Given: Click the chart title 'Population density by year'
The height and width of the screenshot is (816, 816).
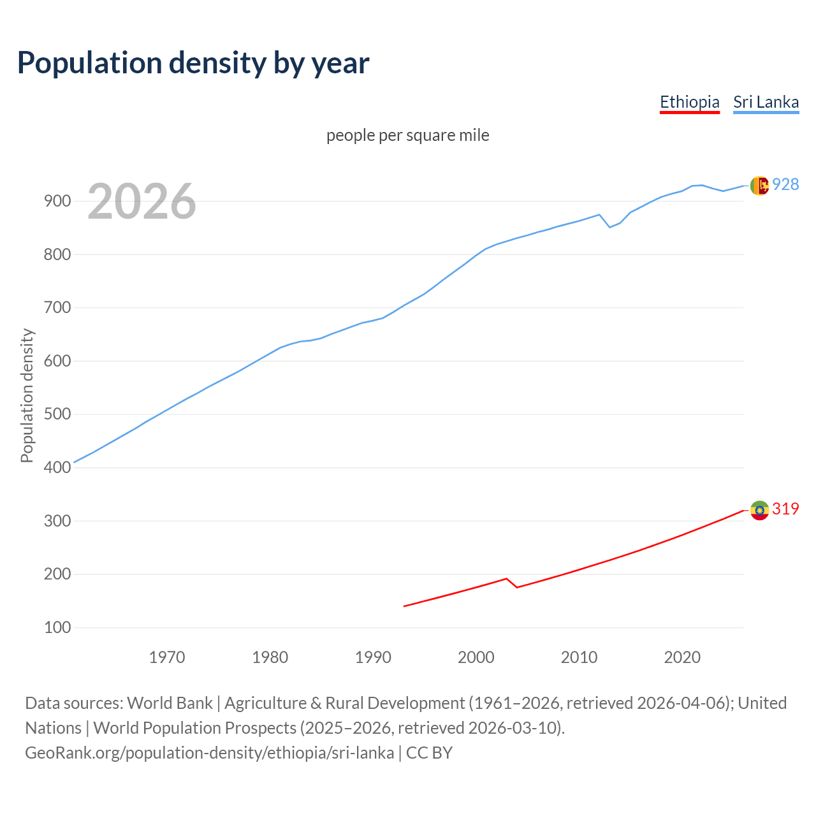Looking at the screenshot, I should [193, 62].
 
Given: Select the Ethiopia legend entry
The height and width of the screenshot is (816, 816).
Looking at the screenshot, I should [689, 102].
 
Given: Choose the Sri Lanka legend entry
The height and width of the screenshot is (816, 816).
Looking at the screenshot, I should [766, 102].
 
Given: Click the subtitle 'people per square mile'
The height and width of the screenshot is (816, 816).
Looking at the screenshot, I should [407, 135].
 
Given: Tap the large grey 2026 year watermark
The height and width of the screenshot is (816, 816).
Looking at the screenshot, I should [142, 201].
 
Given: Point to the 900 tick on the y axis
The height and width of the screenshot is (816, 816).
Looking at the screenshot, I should [57, 201].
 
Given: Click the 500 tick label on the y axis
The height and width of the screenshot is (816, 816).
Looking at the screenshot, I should [57, 414].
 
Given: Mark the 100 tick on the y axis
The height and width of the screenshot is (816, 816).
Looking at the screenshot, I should [57, 628].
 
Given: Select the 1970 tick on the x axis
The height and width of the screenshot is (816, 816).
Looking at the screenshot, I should [167, 657].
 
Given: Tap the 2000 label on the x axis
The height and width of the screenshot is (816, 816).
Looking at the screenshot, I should [476, 657].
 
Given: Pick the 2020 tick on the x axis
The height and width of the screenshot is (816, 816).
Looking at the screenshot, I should [682, 657].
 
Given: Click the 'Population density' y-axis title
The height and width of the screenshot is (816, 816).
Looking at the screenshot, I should [27, 395].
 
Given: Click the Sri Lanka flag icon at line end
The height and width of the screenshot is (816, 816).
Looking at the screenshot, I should [759, 186].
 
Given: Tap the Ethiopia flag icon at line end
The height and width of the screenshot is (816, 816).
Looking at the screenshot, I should [759, 510].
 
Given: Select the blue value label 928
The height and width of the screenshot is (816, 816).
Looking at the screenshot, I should [785, 184].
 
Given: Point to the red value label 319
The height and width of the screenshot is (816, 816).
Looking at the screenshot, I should [785, 509].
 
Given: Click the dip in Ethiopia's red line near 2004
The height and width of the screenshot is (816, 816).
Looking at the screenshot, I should [516, 587].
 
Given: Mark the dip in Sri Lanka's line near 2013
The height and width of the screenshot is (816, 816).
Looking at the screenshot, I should [609, 227].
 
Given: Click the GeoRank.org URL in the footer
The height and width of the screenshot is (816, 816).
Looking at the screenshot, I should [209, 753].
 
